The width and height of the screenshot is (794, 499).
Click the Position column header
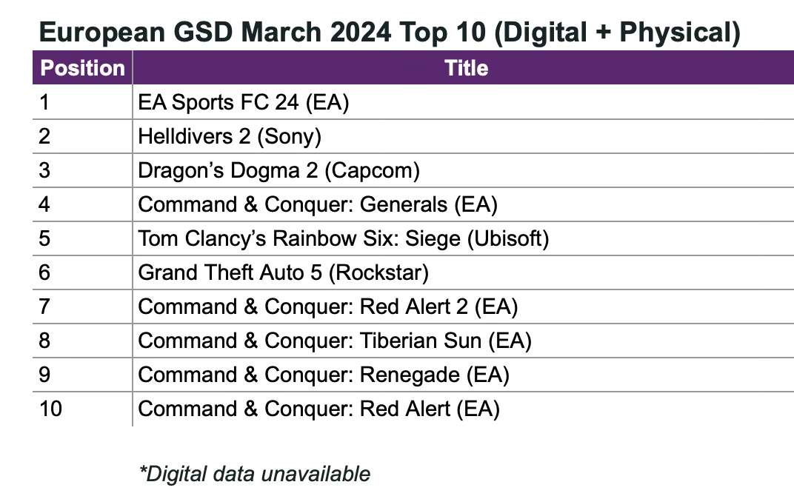pos(82,68)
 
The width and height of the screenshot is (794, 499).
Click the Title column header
pos(467,68)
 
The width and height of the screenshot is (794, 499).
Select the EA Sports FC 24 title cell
pos(244,102)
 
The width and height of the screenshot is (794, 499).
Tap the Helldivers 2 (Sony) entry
pos(230,137)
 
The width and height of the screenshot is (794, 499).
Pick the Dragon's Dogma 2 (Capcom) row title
pos(279,170)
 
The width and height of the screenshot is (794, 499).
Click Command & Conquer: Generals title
pos(318,204)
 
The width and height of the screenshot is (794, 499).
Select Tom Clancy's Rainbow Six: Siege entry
pos(344,239)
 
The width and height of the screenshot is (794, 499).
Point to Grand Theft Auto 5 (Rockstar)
pos(283,272)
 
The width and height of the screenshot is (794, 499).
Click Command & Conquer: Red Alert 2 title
pos(327,307)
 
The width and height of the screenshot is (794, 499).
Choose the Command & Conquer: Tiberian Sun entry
pos(335,341)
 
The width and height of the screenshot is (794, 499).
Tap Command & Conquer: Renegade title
pos(324,375)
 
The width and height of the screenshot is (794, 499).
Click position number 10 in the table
pos(50,409)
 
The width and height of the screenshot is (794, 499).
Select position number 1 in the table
pos(44,102)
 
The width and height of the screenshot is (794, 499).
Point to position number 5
pos(44,239)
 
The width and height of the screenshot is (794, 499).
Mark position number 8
pos(44,341)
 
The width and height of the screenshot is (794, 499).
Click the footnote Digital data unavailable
pos(255,475)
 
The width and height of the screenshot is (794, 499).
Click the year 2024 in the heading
pos(361,33)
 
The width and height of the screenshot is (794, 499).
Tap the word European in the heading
pos(102,33)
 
